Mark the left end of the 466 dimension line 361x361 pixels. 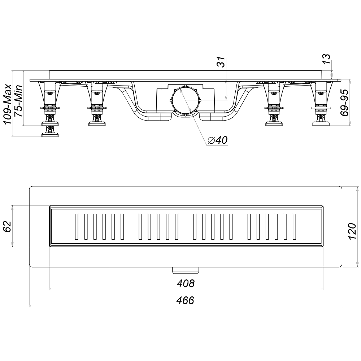click(x=30, y=306)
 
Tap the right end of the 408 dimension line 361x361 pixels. click(x=323, y=289)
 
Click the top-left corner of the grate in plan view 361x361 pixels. click(x=49, y=205)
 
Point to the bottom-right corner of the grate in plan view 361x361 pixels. click(x=323, y=247)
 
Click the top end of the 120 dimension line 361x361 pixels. click(x=357, y=186)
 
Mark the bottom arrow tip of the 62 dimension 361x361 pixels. click(x=13, y=247)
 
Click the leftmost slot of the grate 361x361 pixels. click(x=77, y=227)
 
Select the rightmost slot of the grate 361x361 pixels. click(x=295, y=227)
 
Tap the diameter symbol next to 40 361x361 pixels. click(x=211, y=140)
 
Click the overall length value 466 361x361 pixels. click(x=186, y=301)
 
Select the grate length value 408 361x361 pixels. click(x=186, y=283)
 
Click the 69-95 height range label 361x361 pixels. click(x=344, y=103)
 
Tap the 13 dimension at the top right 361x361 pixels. click(x=326, y=59)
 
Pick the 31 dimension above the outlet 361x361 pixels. click(x=221, y=62)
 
